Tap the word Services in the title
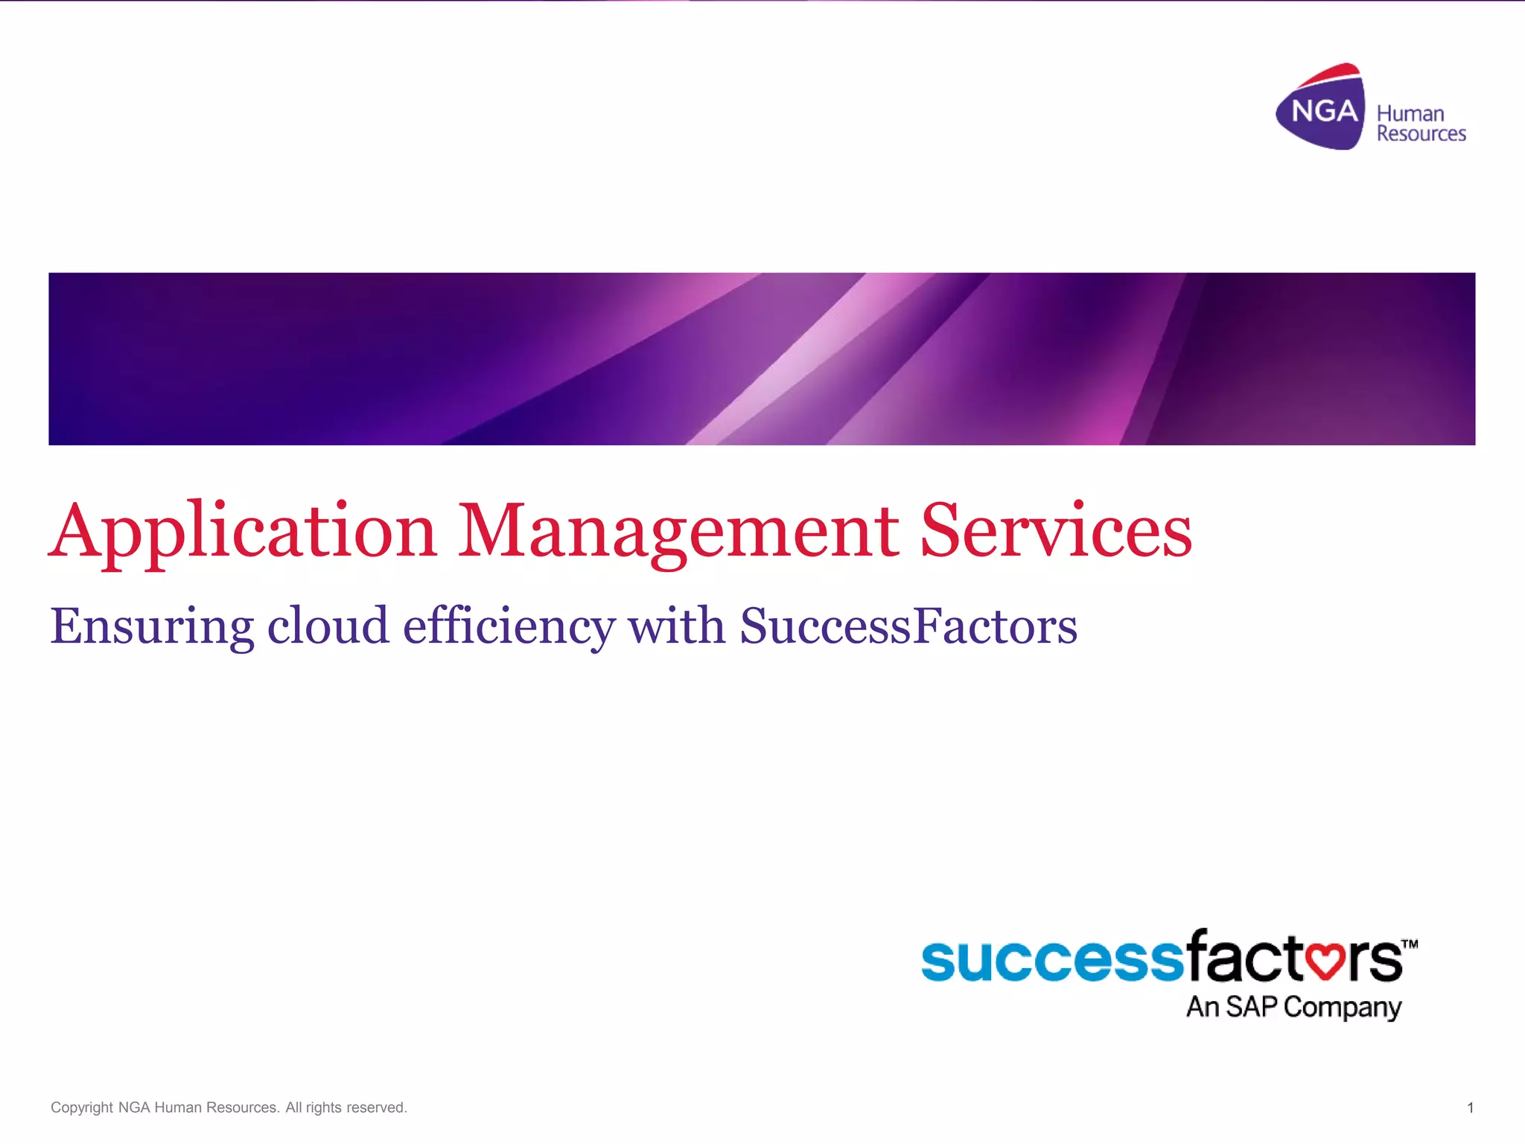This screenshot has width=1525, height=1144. click(1056, 530)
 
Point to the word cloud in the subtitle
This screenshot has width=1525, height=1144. click(328, 626)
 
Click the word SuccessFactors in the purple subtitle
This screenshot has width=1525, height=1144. click(908, 626)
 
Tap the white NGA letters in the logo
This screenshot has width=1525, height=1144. click(1324, 112)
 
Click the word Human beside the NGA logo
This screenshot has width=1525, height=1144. click(1410, 114)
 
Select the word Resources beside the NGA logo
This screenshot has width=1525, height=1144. click(1421, 134)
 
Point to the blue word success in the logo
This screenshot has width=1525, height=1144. click(1051, 960)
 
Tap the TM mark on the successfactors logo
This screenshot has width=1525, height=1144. click(1409, 944)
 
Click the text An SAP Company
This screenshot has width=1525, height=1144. click(1293, 1007)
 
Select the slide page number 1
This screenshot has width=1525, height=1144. click(1470, 1108)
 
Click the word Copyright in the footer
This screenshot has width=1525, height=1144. click(81, 1108)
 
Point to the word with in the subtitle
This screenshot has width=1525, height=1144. click(677, 626)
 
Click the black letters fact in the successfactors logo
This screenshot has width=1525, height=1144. click(1244, 957)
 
